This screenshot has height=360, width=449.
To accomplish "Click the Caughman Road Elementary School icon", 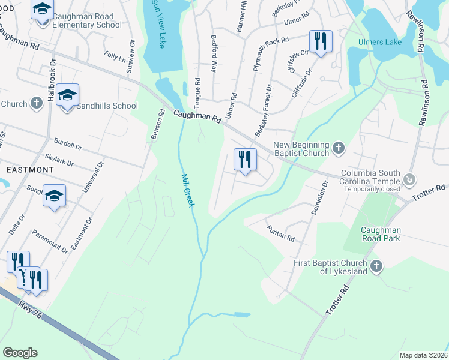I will [42, 11].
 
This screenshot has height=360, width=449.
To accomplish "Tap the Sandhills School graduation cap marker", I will [68, 96].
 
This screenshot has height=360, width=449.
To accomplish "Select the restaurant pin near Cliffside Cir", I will [320, 41].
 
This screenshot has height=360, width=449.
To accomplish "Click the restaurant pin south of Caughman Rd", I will [244, 160].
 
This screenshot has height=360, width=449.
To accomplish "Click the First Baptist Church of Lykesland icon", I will [376, 266].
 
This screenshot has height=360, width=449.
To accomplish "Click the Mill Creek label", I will [188, 191].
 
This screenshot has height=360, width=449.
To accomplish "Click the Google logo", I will [20, 353].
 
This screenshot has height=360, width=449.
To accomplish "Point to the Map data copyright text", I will [423, 355].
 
